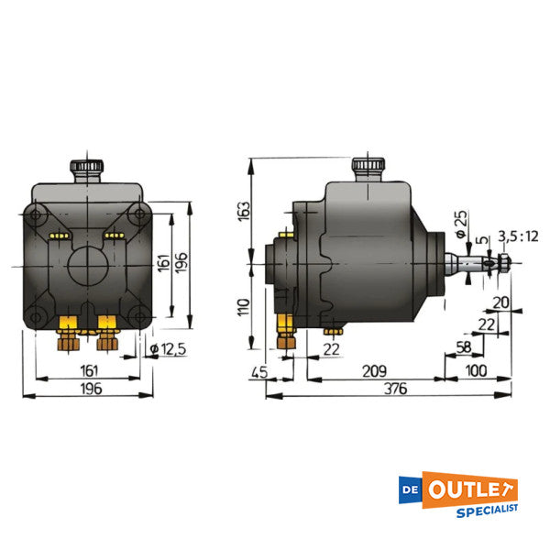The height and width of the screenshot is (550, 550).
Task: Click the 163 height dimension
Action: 242,211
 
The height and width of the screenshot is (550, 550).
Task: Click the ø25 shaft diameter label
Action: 459,221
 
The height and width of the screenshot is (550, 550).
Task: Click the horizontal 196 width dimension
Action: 88,388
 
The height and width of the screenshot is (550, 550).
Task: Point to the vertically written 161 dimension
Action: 164,265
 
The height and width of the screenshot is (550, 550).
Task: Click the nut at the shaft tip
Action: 502,266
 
